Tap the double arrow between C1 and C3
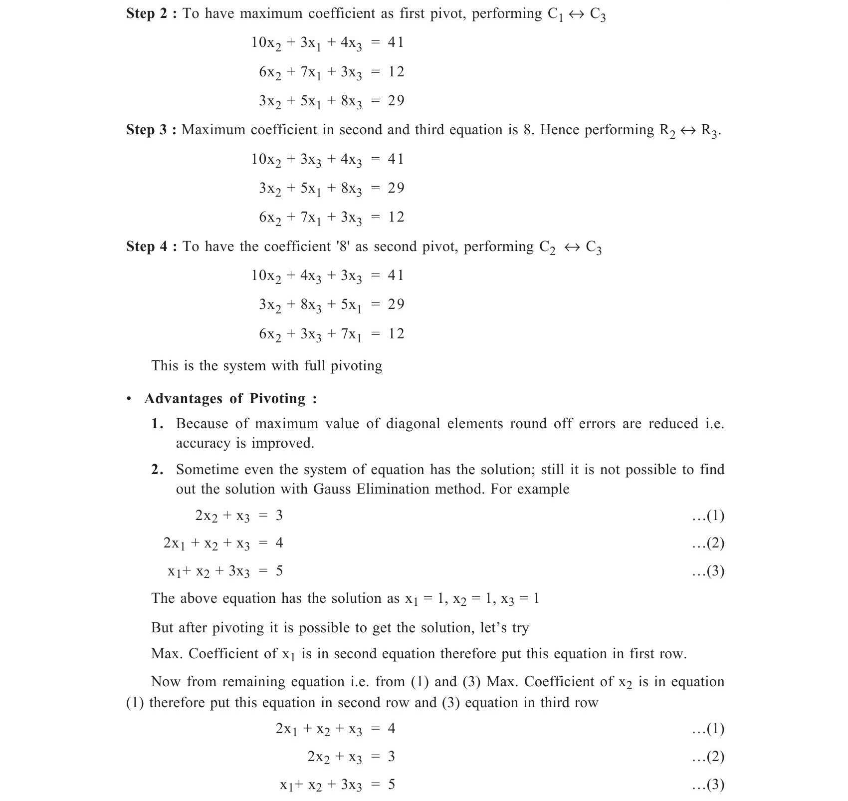coord(576,14)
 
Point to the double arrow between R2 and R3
coord(687,131)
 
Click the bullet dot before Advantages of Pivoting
coord(129,399)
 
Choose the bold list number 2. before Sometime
coord(157,470)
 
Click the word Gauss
coord(332,489)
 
